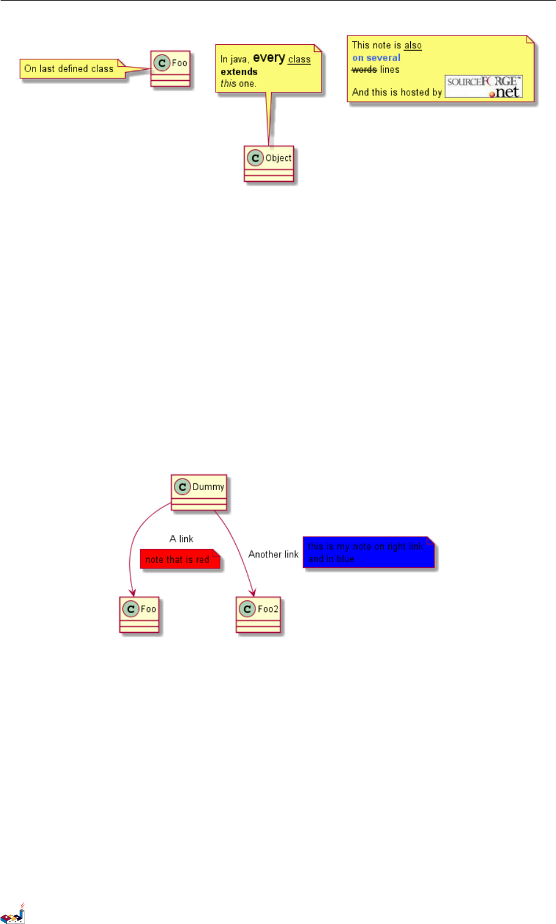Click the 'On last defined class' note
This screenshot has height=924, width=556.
click(x=69, y=69)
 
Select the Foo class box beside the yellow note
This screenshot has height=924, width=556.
click(x=171, y=69)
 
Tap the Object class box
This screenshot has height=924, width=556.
click(x=269, y=164)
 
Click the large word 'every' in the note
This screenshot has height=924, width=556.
click(x=269, y=58)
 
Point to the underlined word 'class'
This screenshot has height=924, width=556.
click(x=299, y=59)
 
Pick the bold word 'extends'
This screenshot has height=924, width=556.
click(x=239, y=72)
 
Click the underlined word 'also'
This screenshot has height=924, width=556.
click(x=413, y=45)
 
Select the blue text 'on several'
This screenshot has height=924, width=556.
click(x=376, y=58)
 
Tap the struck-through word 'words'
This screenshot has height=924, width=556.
click(x=364, y=70)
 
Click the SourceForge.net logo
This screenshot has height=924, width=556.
click(x=484, y=87)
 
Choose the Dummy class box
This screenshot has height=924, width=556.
click(x=199, y=493)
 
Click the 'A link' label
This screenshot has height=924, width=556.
click(x=181, y=539)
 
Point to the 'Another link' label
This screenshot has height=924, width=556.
click(x=273, y=554)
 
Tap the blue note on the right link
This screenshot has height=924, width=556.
click(x=369, y=553)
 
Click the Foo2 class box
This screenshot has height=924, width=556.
click(x=258, y=615)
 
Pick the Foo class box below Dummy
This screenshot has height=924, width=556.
click(x=140, y=615)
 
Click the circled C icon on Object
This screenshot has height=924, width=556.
click(x=255, y=158)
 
